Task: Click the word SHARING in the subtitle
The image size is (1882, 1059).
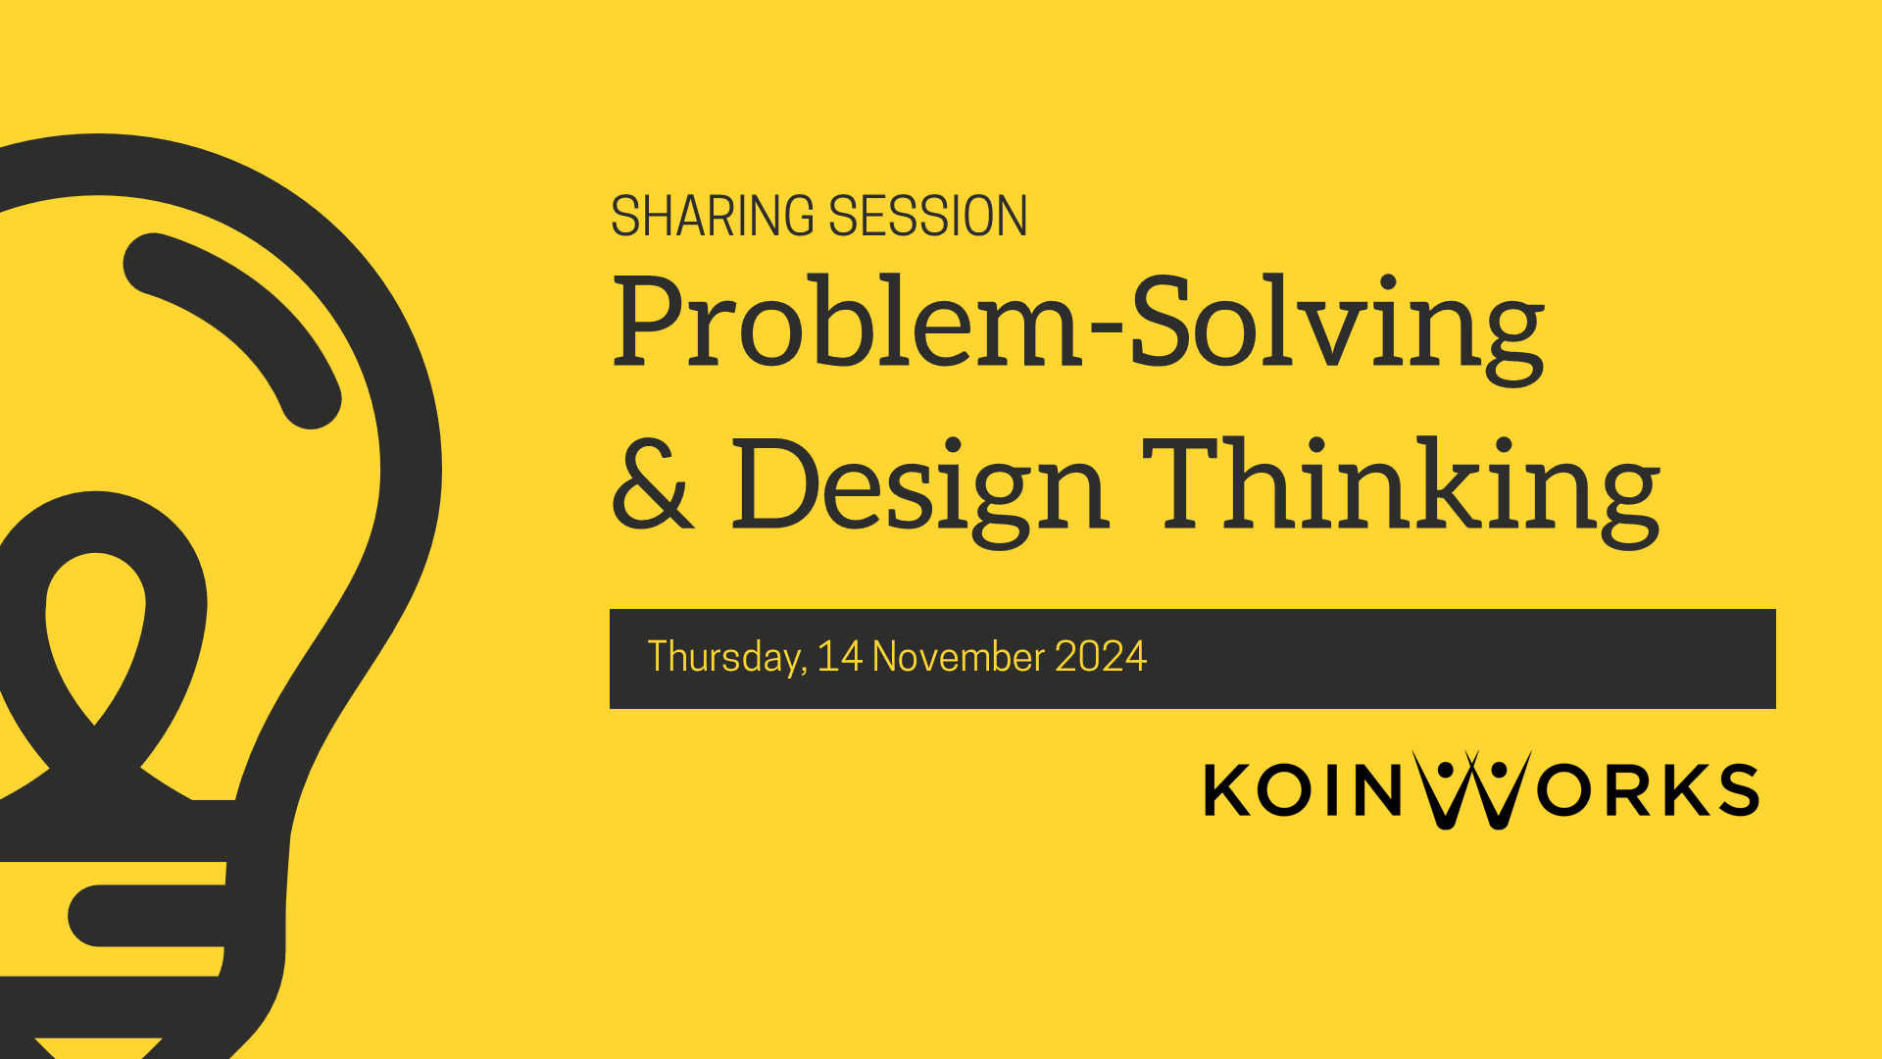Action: [x=714, y=217]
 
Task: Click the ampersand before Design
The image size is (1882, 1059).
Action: [x=651, y=485]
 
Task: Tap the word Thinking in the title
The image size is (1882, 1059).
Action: [x=1402, y=485]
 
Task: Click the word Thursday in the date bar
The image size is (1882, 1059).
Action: [x=726, y=657]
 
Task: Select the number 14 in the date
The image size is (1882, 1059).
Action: [x=839, y=656]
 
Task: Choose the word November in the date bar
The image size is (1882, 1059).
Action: [x=958, y=656]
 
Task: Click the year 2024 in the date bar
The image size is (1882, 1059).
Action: [x=1100, y=656]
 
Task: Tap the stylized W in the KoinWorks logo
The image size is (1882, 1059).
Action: [x=1471, y=790]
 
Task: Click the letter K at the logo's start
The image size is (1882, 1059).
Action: [x=1226, y=790]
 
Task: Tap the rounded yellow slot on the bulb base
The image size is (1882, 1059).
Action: [x=147, y=916]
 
